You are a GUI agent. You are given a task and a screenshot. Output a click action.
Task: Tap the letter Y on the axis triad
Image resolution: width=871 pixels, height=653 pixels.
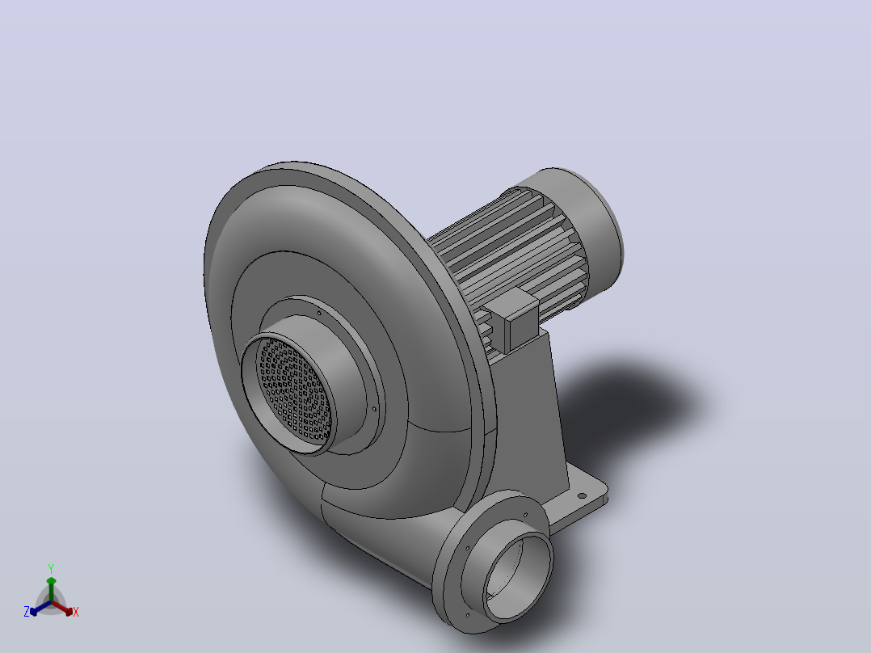click(51, 568)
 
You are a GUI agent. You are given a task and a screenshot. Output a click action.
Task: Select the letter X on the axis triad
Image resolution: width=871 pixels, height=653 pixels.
click(76, 612)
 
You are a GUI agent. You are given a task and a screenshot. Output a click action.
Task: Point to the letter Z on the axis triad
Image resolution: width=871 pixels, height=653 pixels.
click(27, 611)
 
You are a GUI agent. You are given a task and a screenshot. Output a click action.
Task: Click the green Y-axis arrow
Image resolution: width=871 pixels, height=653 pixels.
click(51, 589)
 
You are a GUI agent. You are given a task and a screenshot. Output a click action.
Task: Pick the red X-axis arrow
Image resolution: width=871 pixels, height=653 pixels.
click(62, 608)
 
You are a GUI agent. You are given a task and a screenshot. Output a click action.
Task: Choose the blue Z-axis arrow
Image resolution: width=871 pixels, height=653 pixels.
click(40, 608)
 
